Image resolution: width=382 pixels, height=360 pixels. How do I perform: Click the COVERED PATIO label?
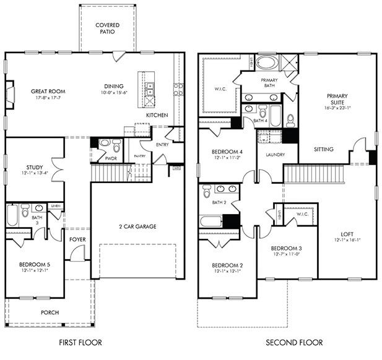tap(107, 28)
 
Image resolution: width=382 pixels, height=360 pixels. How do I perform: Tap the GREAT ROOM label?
tap(48, 92)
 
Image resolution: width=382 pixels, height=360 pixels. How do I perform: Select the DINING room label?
tap(113, 87)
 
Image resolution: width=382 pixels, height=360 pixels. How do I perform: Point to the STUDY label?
tap(34, 167)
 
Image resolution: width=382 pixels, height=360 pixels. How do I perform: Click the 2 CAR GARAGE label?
tap(137, 226)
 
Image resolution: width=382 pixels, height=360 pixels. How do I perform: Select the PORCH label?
tap(50, 312)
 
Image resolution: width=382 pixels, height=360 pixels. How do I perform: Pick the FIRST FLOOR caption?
tap(80, 343)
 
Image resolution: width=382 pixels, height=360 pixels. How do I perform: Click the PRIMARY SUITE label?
tap(337, 100)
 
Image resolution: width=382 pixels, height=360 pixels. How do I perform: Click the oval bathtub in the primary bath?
tap(267, 63)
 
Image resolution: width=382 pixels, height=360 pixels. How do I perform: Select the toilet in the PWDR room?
tap(105, 145)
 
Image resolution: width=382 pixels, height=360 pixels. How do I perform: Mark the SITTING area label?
tap(324, 149)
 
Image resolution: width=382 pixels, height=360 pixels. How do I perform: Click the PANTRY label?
tap(139, 156)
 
